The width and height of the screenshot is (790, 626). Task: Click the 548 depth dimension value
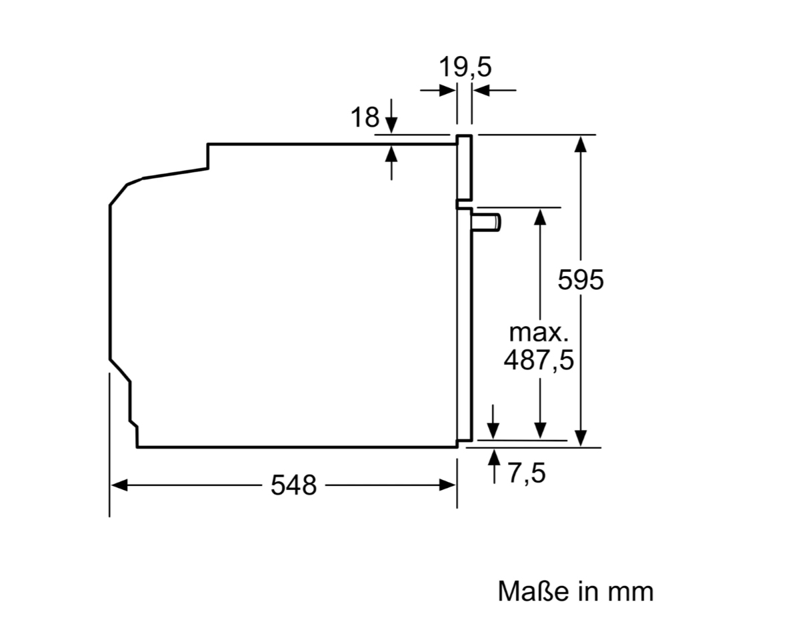pos(294,485)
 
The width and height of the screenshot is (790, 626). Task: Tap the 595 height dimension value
pos(581,280)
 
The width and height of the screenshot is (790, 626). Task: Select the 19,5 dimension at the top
pos(465,67)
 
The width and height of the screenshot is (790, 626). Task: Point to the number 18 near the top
pos(365,118)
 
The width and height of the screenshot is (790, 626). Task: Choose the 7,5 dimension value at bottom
pos(526,474)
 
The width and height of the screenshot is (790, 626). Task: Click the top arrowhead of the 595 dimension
pos(581,143)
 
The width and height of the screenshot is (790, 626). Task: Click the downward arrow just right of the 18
pos(391,123)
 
